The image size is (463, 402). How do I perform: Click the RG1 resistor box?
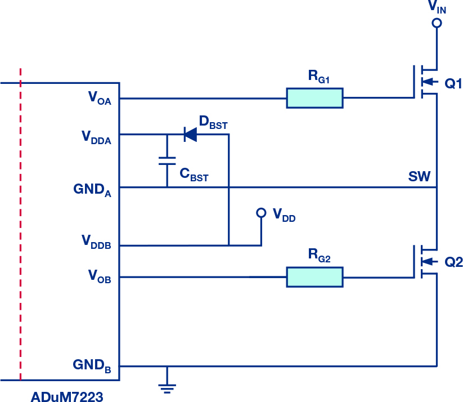(315, 98)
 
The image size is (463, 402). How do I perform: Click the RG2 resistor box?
(315, 277)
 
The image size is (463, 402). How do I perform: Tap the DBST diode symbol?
(191, 135)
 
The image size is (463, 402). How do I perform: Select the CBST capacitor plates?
(167, 161)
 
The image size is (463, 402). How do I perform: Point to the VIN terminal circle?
(437, 23)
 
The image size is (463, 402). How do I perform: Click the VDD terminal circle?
(261, 212)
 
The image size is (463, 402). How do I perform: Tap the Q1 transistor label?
(453, 84)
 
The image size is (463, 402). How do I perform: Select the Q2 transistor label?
(453, 262)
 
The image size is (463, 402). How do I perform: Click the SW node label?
(419, 176)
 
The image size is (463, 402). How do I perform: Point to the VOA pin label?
(100, 98)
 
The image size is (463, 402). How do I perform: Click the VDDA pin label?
(97, 137)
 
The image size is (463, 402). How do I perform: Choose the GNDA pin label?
(92, 190)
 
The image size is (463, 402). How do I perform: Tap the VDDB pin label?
(96, 242)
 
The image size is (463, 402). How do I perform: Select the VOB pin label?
(100, 276)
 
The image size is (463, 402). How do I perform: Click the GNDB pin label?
(92, 366)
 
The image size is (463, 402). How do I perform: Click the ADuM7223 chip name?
(67, 396)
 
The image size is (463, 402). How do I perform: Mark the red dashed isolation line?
(20, 224)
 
